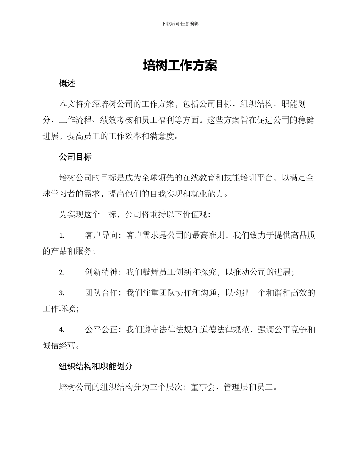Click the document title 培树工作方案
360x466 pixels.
click(x=180, y=66)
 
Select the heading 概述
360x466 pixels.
click(x=67, y=84)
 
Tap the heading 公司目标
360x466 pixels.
click(x=75, y=157)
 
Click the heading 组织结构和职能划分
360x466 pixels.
click(x=96, y=366)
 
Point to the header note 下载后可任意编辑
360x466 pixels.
click(x=180, y=23)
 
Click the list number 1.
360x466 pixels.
click(x=61, y=236)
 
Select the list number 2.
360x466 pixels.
click(x=61, y=272)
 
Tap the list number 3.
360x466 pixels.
click(x=61, y=293)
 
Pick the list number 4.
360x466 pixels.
click(x=61, y=330)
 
